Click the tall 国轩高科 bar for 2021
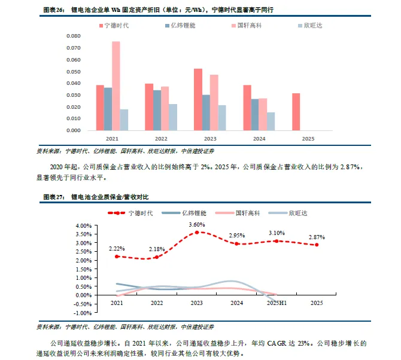coord(116,86)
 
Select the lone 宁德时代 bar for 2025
coord(296,112)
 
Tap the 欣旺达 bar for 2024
coord(271,121)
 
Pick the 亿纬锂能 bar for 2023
coord(206,112)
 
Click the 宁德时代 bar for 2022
coord(149,107)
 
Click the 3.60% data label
coord(197,224)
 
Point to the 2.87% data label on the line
coord(317,237)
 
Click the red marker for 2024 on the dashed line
coord(236,243)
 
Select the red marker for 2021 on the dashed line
coord(117,256)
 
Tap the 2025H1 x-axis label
coord(277,304)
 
